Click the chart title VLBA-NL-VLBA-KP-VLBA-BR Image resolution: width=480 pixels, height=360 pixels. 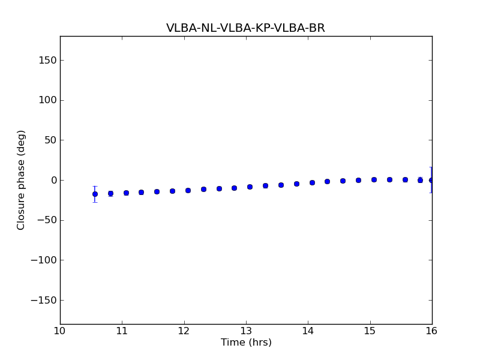point(245,28)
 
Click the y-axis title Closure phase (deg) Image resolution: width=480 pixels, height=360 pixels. point(22,180)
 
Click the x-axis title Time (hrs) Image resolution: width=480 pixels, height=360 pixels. point(246,343)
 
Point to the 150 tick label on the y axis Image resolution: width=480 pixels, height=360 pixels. point(47,60)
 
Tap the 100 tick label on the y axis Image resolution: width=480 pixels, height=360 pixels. point(47,100)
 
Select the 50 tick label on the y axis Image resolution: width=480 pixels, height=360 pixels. point(50,140)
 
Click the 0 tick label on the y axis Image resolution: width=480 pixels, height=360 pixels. point(53,180)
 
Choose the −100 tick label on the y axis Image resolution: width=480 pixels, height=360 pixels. point(43,260)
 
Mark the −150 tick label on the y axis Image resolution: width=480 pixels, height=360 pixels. point(43,300)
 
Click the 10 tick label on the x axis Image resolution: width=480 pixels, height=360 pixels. point(60,331)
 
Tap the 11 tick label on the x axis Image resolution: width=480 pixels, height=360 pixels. point(122,331)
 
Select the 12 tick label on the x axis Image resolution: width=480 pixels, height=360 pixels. point(184,331)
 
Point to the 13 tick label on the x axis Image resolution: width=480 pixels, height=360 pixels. point(246,331)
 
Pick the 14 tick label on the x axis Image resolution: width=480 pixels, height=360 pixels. point(308,331)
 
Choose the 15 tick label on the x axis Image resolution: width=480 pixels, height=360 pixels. point(370,331)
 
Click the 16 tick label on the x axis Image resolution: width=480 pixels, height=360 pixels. point(431,331)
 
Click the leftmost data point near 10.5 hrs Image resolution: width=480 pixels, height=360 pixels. point(95,194)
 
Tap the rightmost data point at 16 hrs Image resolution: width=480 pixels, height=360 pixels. point(431,180)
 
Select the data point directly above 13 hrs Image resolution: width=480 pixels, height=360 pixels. point(250,187)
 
